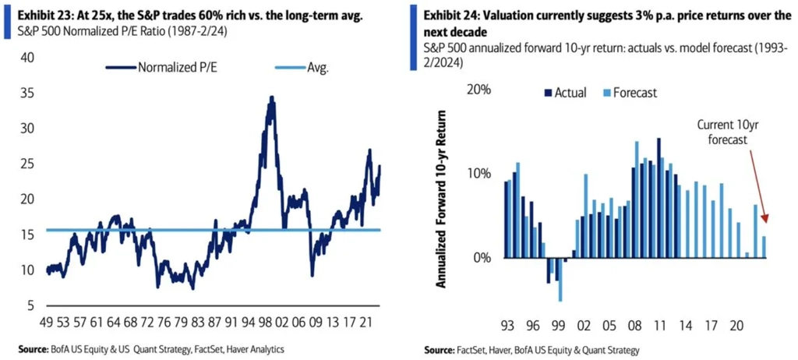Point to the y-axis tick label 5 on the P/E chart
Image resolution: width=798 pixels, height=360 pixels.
click(30, 305)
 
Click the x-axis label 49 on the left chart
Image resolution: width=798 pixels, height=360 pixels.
click(47, 320)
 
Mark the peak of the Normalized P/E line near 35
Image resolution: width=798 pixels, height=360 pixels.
click(271, 98)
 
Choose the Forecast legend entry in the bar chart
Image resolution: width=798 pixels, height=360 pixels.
click(629, 93)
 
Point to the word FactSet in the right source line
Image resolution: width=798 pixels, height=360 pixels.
click(480, 350)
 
